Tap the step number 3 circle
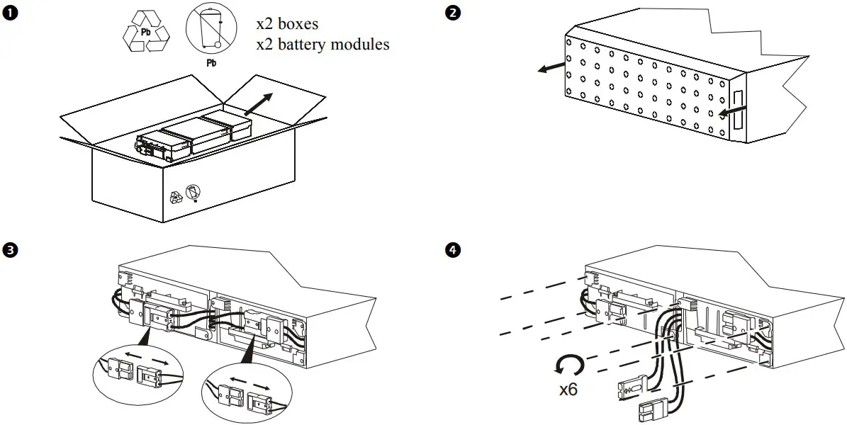point(9,249)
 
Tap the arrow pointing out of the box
point(258,103)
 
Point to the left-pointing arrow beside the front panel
point(551,67)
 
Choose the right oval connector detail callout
point(247,392)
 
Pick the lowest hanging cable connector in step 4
point(654,409)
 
